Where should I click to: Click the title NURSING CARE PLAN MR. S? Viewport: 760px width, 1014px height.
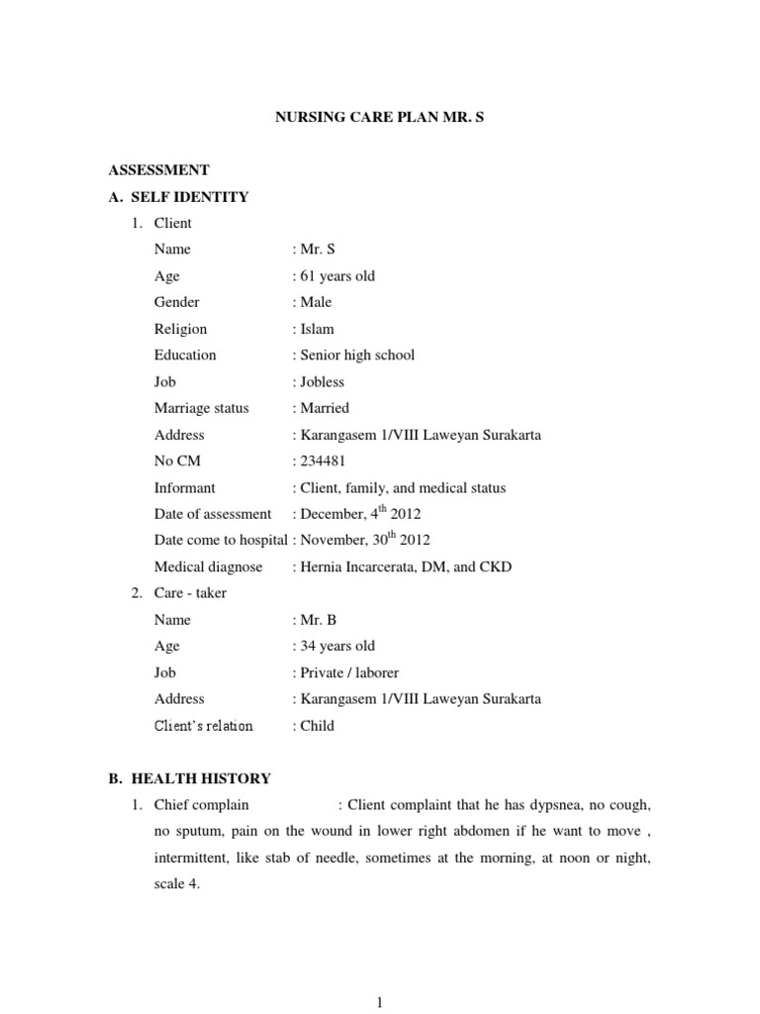click(x=380, y=117)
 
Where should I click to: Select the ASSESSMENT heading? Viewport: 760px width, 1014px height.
click(x=159, y=170)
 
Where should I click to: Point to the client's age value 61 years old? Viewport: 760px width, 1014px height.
click(x=334, y=276)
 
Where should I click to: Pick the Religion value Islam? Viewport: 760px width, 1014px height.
click(x=314, y=329)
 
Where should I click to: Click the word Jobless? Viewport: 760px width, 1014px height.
click(x=320, y=381)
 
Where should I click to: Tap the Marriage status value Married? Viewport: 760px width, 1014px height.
click(x=322, y=408)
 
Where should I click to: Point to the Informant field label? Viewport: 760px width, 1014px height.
click(x=185, y=487)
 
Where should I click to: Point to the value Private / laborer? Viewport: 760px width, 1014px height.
click(x=346, y=672)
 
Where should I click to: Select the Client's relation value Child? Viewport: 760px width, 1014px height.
click(x=315, y=726)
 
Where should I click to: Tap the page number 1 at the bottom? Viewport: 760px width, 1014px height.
click(x=380, y=1003)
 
